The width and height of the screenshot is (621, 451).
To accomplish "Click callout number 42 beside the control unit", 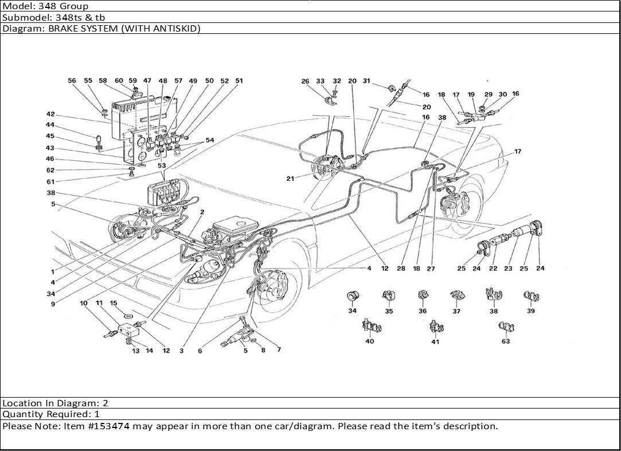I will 50,114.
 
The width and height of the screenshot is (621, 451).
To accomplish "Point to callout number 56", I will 72,81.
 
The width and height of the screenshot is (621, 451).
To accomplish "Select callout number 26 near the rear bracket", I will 305,81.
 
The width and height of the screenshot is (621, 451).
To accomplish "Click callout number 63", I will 505,341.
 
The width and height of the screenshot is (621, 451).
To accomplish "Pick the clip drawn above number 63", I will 506,328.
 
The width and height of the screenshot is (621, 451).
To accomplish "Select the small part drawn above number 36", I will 423,296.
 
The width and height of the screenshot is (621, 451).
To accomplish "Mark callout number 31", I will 366,81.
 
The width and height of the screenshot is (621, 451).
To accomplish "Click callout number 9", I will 53,304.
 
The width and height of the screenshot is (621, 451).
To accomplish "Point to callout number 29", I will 488,94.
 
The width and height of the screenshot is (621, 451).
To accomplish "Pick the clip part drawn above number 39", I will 530,297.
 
